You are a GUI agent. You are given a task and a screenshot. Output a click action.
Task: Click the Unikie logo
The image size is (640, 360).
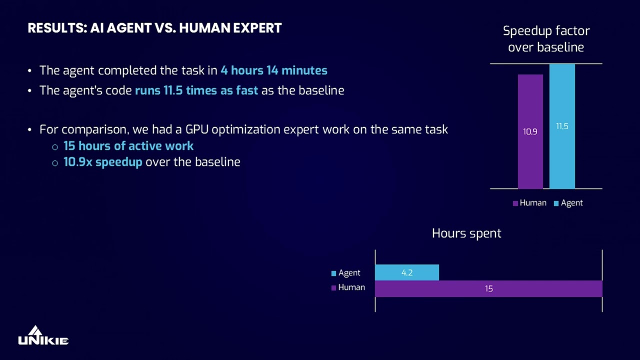(x=43, y=336)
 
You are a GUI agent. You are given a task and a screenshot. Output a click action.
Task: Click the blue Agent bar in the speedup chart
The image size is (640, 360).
(x=562, y=160)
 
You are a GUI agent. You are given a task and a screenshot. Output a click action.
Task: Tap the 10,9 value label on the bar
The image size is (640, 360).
(x=530, y=132)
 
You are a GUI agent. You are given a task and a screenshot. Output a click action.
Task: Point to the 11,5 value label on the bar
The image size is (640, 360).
(x=562, y=126)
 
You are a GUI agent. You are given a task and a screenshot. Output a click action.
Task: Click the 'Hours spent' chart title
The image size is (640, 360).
(x=466, y=233)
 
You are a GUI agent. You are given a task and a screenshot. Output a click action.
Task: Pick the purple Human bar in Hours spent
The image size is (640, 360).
(x=540, y=288)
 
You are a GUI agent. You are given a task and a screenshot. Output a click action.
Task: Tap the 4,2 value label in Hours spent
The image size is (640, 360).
(x=407, y=273)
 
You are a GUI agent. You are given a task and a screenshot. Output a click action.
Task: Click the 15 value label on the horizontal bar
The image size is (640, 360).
(x=488, y=288)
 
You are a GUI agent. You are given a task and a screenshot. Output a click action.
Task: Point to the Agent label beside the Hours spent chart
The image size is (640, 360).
(x=349, y=273)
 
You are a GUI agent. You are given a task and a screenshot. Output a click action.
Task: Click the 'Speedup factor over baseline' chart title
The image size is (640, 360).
(x=546, y=39)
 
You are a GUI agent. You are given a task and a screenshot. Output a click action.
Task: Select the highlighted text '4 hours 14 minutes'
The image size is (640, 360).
(x=274, y=70)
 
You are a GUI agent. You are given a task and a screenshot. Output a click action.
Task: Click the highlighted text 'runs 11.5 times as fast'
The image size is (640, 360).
(x=196, y=90)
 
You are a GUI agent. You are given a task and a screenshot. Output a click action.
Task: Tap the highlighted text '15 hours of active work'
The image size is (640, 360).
(x=128, y=146)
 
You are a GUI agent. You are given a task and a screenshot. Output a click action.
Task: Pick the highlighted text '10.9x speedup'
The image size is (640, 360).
(x=103, y=162)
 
